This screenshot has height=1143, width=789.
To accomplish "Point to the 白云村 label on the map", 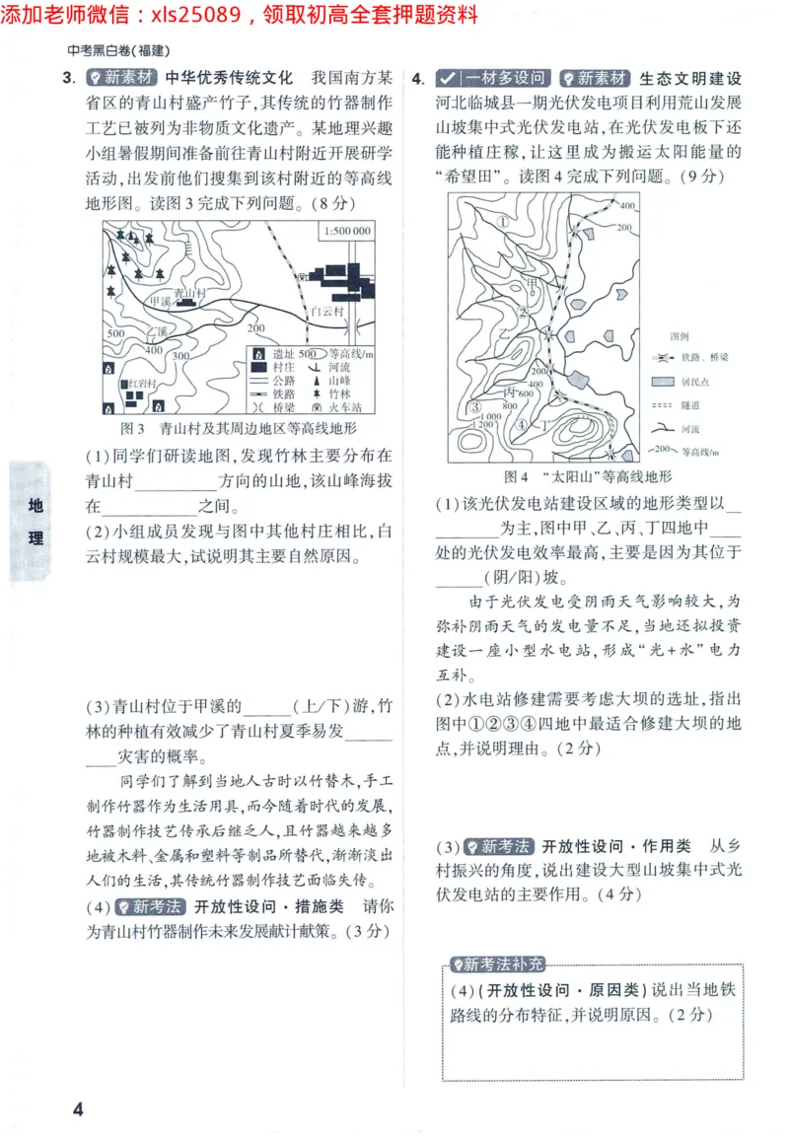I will pos(325,309).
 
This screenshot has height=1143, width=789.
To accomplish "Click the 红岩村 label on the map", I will pos(135,383).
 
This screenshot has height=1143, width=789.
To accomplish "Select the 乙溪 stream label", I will pos(158,328).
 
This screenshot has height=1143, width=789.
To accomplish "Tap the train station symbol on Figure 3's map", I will pos(304,278).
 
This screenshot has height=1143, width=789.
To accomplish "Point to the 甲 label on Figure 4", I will pos(534,283).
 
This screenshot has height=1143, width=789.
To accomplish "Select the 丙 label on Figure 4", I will pos(511,392).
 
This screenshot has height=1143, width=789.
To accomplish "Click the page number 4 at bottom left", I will pos(79,1108).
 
